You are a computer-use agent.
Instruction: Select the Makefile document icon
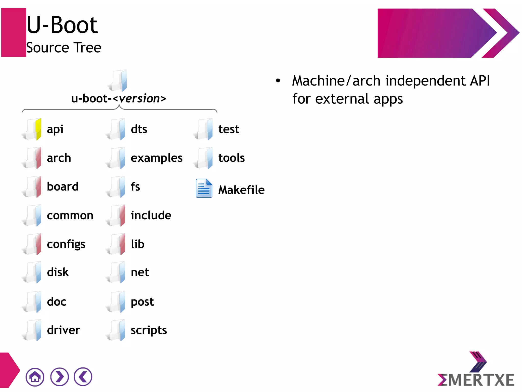tap(204, 188)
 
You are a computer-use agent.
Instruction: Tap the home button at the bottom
tap(35, 377)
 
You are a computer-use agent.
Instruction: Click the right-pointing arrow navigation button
tap(59, 377)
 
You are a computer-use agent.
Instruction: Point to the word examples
tap(156, 158)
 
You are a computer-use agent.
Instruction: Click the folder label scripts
tap(149, 330)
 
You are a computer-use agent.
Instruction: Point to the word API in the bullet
tap(480, 81)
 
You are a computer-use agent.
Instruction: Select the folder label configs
tap(66, 244)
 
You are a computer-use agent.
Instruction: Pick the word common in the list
tap(70, 216)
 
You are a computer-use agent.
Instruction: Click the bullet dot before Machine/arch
tap(278, 81)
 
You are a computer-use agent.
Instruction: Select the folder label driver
tap(63, 330)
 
